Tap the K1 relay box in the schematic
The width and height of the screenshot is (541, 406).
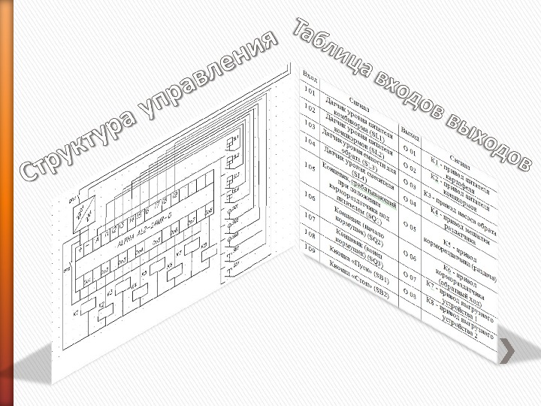tap(89, 305)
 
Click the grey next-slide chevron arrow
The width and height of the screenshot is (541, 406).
tap(508, 350)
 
